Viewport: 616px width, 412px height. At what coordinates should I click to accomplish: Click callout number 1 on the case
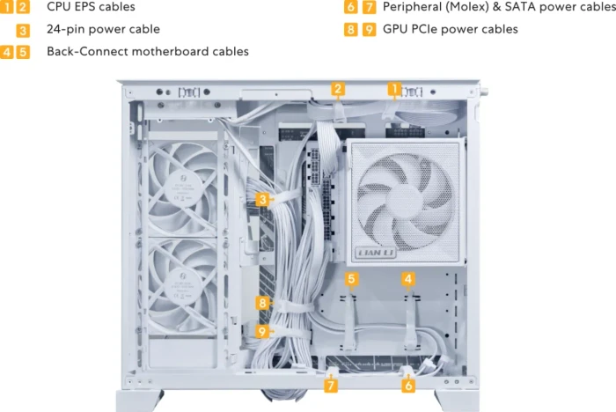pyautogui.click(x=394, y=89)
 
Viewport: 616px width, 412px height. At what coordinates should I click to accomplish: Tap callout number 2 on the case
pyautogui.click(x=338, y=89)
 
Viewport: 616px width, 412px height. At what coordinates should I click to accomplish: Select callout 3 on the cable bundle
pyautogui.click(x=263, y=199)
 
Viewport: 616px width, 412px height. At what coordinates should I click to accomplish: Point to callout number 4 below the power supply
pyautogui.click(x=408, y=279)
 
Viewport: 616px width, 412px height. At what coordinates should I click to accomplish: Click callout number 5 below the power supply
pyautogui.click(x=351, y=279)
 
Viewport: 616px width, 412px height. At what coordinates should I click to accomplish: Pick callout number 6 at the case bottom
pyautogui.click(x=408, y=386)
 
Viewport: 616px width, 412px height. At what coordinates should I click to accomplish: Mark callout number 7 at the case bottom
pyautogui.click(x=331, y=386)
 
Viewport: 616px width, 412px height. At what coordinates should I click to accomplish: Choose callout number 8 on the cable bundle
pyautogui.click(x=262, y=303)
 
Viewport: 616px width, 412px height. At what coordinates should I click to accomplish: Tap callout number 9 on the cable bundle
pyautogui.click(x=262, y=331)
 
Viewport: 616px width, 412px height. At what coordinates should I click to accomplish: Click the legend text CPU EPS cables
pyautogui.click(x=91, y=7)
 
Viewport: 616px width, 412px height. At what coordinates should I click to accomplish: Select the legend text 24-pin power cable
pyautogui.click(x=103, y=29)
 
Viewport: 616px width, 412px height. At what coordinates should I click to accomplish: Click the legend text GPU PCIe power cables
pyautogui.click(x=451, y=29)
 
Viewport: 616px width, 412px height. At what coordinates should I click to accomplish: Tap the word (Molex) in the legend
pyautogui.click(x=466, y=7)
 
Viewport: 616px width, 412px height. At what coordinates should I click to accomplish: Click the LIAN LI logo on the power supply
pyautogui.click(x=375, y=253)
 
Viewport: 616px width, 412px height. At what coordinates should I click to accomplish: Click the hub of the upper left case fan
pyautogui.click(x=181, y=189)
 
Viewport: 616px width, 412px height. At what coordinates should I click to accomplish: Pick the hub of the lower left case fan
pyautogui.click(x=181, y=284)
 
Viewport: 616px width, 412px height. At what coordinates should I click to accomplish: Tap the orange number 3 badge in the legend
pyautogui.click(x=23, y=30)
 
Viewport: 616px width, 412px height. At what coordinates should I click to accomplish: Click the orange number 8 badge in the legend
pyautogui.click(x=351, y=30)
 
